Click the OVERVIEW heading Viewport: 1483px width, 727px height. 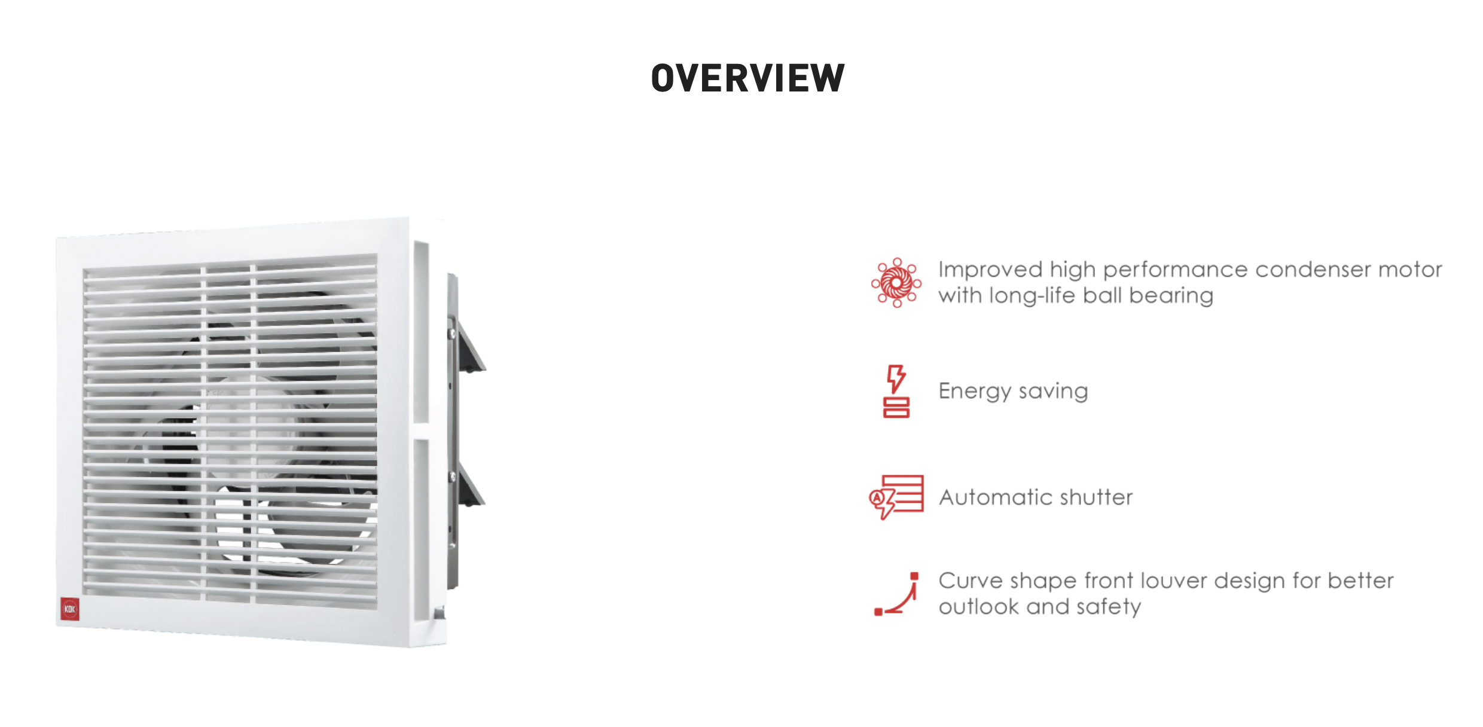[747, 78]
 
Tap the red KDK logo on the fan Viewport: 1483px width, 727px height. [70, 609]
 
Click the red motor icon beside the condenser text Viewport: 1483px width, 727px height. [896, 283]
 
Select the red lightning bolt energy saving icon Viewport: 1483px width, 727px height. [896, 391]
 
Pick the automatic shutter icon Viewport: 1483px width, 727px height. [896, 497]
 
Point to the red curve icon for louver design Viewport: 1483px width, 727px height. [896, 594]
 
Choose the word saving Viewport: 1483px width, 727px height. [1053, 392]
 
